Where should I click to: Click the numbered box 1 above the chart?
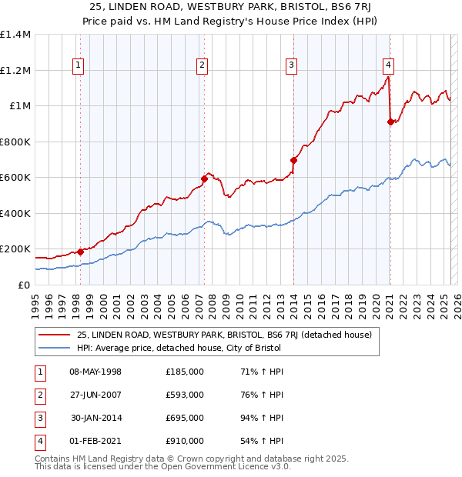79,66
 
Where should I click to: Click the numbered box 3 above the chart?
292,66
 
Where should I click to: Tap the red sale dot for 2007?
204,179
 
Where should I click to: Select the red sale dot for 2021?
390,122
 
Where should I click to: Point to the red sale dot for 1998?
80,252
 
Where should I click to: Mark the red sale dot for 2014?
293,160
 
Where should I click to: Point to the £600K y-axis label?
15,177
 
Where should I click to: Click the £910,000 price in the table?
185,441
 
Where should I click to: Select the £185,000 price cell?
185,372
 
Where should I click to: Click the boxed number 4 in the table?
38,441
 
